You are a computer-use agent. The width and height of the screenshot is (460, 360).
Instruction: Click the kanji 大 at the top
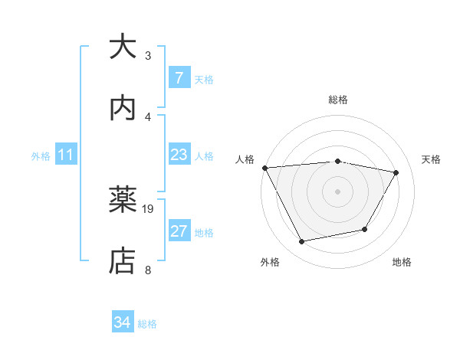pyautogui.click(x=123, y=47)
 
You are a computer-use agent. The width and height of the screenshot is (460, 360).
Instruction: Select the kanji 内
pyautogui.click(x=123, y=108)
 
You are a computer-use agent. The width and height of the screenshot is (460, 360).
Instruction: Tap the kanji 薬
pyautogui.click(x=123, y=200)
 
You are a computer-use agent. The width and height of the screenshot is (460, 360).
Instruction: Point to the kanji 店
pyautogui.click(x=123, y=260)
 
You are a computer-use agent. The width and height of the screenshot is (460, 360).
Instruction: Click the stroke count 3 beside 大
pyautogui.click(x=148, y=56)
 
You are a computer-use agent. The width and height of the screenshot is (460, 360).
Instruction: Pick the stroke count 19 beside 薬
pyautogui.click(x=149, y=208)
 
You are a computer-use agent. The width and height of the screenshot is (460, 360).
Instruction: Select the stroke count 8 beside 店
pyautogui.click(x=148, y=270)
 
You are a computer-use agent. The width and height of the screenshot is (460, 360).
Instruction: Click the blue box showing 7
pyautogui.click(x=179, y=78)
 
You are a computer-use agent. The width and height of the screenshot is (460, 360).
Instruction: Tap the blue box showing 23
pyautogui.click(x=179, y=155)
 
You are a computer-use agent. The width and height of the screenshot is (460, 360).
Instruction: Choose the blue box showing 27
pyautogui.click(x=179, y=231)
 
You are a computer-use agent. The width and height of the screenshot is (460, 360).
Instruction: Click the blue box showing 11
pyautogui.click(x=66, y=155)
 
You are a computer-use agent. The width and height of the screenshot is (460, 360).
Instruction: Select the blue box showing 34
pyautogui.click(x=123, y=322)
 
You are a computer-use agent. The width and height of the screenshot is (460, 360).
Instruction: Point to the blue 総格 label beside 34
pyautogui.click(x=147, y=324)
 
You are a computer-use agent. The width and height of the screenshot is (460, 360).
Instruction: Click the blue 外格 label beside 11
pyautogui.click(x=41, y=156)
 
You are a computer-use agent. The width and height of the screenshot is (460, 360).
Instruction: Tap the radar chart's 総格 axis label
pyautogui.click(x=337, y=100)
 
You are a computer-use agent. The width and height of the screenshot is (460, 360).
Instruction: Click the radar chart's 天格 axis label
pyautogui.click(x=431, y=159)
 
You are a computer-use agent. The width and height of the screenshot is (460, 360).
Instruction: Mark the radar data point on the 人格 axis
pyautogui.click(x=264, y=168)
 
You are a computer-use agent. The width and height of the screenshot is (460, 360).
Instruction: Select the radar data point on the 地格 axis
pyautogui.click(x=365, y=229)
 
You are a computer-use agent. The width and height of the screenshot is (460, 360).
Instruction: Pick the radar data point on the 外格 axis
pyautogui.click(x=301, y=242)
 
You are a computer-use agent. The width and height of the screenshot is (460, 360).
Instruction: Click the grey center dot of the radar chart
pyautogui.click(x=337, y=191)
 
